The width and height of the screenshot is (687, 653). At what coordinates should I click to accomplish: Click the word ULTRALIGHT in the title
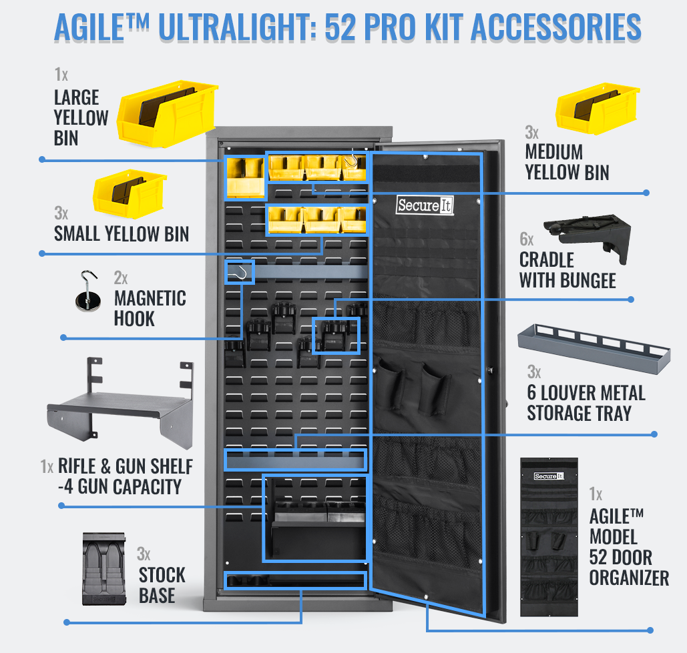click(x=236, y=27)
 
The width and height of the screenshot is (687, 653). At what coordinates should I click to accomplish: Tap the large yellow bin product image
click(x=168, y=113)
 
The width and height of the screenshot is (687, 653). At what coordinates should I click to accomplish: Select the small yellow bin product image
click(x=130, y=193)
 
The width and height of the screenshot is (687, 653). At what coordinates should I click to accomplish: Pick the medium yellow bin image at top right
click(x=598, y=108)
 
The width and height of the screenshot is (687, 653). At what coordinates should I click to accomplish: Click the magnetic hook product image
click(x=87, y=291)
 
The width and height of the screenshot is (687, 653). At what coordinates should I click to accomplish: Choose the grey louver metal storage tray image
click(x=594, y=349)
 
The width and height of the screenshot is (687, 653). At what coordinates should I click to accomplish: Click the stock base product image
click(x=104, y=569)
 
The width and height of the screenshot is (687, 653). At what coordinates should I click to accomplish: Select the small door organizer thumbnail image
click(x=549, y=537)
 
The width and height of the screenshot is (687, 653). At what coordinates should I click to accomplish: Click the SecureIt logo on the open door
click(x=425, y=205)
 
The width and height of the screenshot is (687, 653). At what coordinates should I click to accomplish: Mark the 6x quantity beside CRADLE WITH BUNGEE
click(x=527, y=239)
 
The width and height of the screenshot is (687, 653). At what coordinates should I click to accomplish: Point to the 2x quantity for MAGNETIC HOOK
click(x=121, y=278)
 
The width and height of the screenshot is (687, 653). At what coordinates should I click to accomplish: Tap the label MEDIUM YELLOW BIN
click(x=567, y=162)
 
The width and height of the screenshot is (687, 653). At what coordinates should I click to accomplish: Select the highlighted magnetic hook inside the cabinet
click(x=240, y=272)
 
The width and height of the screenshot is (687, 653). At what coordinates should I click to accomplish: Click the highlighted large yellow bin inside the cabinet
click(x=246, y=177)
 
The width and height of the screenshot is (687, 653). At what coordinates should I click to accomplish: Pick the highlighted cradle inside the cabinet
click(x=336, y=336)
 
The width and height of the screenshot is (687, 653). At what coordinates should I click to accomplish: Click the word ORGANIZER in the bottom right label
click(x=629, y=578)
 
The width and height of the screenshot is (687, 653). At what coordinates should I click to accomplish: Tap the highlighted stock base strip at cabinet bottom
click(x=295, y=581)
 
